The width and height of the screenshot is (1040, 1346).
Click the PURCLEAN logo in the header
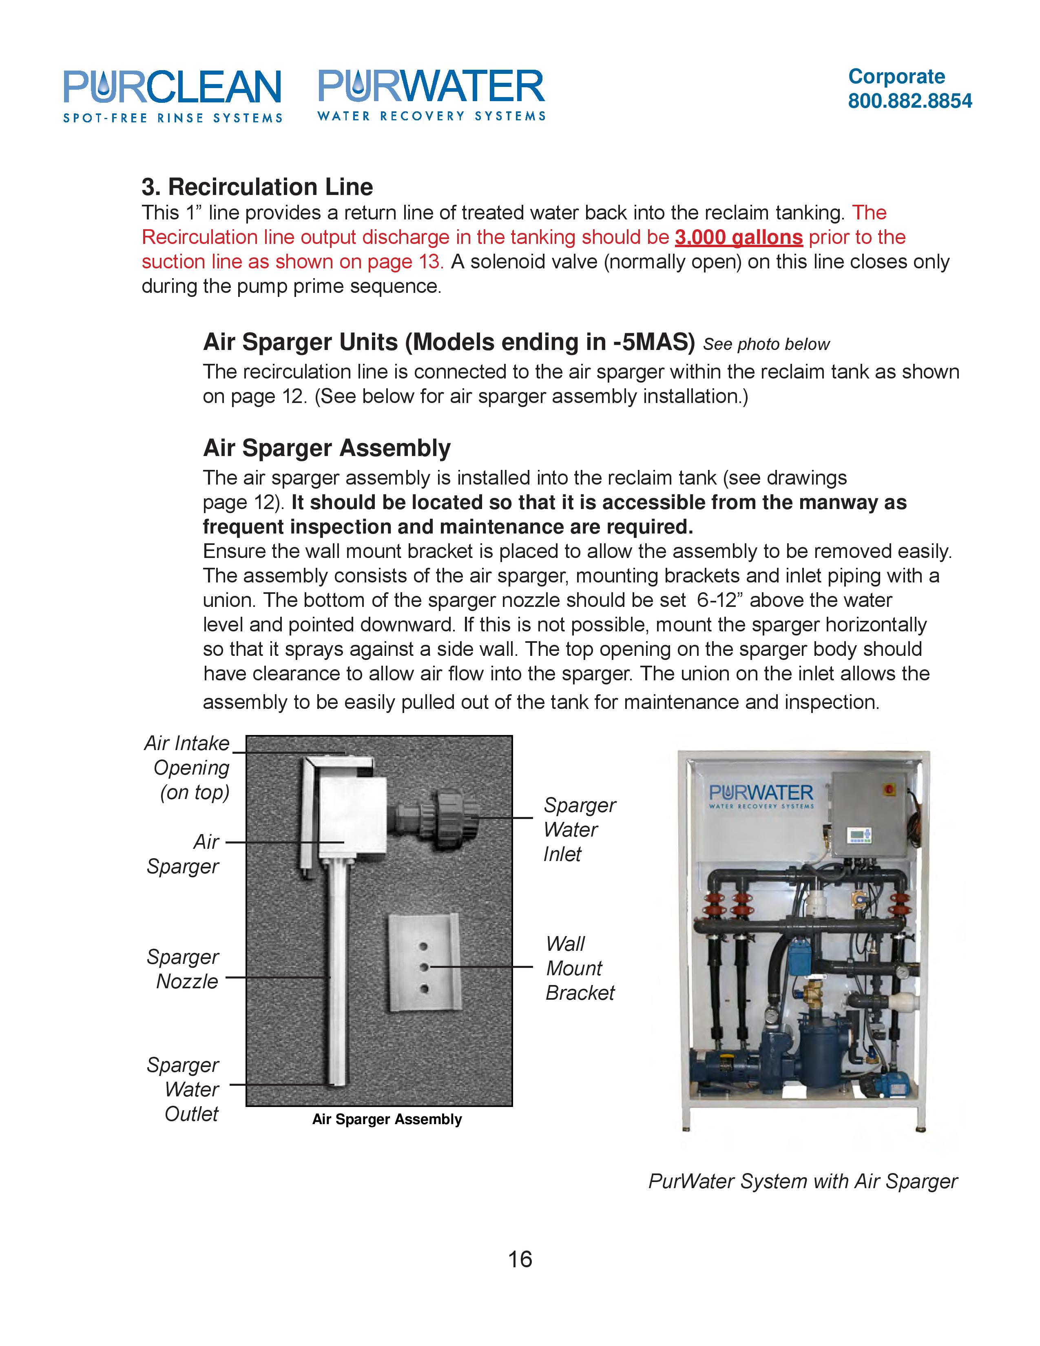(x=173, y=95)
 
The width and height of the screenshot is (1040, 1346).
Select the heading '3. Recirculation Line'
(x=257, y=187)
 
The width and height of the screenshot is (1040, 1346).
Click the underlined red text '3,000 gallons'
(x=738, y=237)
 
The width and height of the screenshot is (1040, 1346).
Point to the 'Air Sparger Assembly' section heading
(x=327, y=448)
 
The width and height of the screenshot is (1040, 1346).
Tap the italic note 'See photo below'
(x=766, y=345)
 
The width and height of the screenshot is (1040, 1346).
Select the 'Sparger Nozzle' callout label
(x=184, y=969)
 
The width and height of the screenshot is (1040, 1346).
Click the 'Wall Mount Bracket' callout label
(x=579, y=968)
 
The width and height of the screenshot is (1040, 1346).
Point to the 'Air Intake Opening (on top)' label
(x=188, y=767)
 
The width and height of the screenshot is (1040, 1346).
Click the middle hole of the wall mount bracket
(x=424, y=967)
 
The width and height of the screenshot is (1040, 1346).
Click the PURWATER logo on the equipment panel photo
(x=761, y=795)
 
